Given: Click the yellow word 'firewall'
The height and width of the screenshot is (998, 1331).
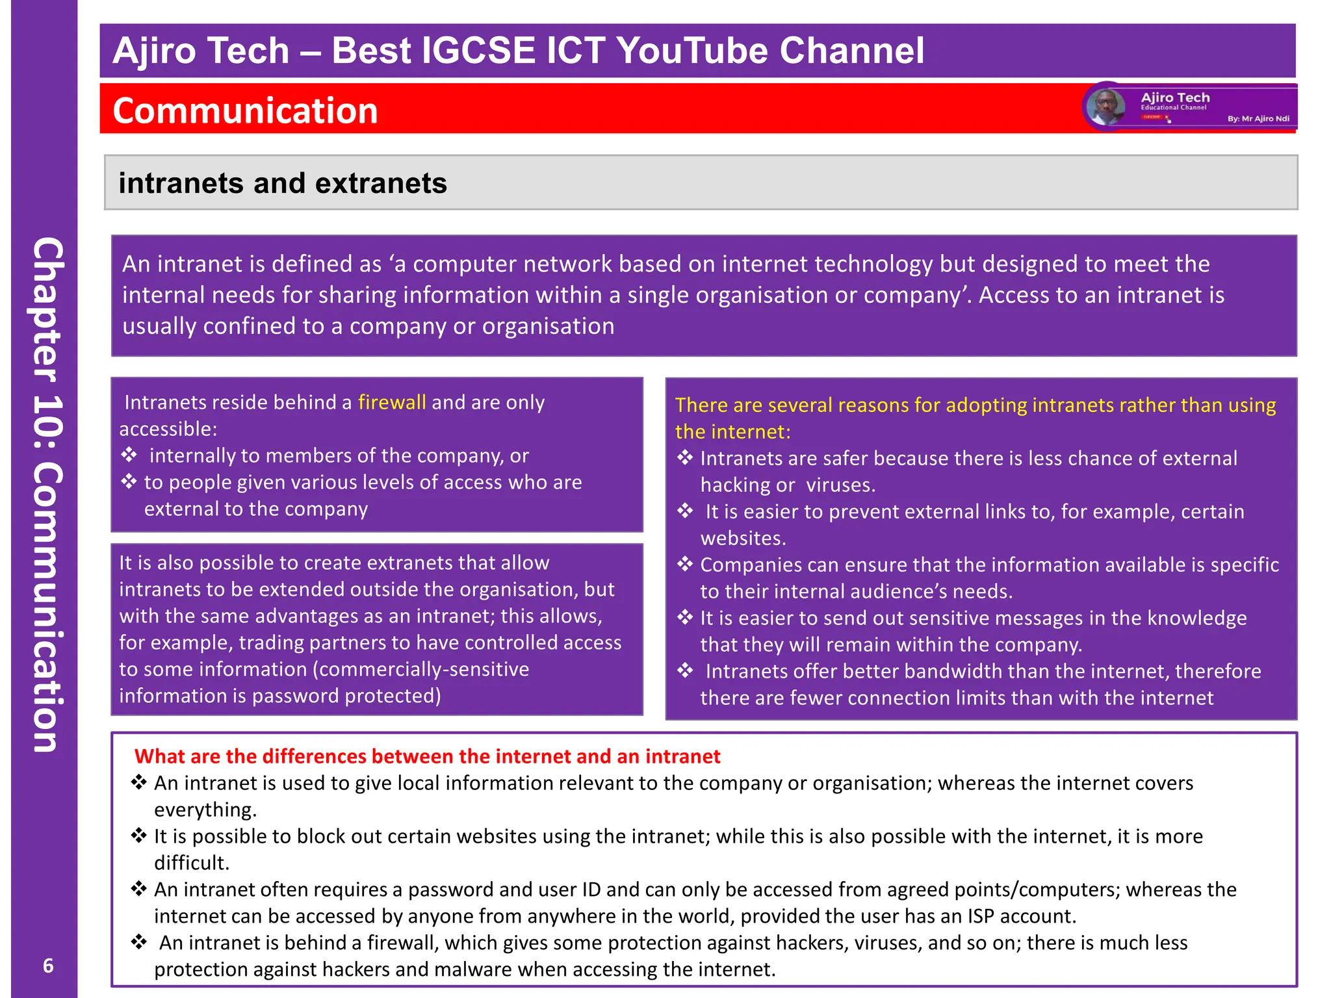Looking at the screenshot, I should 392,402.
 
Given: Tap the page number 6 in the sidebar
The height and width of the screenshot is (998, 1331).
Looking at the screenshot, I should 48,966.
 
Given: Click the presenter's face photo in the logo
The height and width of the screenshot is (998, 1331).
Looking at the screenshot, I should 1105,107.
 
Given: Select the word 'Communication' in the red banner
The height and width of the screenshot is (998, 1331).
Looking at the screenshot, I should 245,110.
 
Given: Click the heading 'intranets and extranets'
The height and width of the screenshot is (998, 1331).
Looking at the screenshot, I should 283,183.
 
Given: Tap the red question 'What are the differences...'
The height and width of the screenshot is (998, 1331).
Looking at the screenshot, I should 427,756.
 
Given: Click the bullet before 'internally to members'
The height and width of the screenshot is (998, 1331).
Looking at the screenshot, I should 129,455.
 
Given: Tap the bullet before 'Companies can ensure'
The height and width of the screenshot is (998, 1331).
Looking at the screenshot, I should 685,564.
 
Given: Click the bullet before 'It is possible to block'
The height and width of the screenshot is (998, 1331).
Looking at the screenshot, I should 138,836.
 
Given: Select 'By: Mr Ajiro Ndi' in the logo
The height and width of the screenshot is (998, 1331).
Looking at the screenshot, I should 1258,119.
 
